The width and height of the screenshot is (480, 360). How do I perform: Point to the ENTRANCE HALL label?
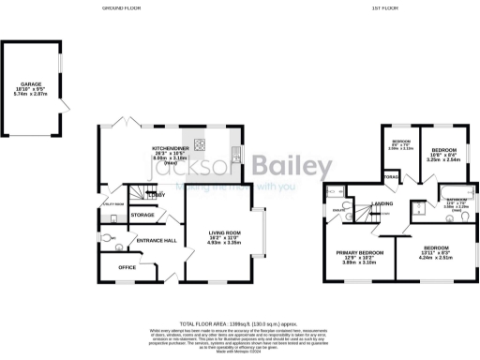click(157, 241)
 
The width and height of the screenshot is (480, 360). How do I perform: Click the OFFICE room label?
click(127, 267)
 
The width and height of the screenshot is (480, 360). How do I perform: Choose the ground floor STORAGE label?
click(142, 215)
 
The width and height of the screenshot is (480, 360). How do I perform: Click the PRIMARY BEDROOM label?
click(361, 252)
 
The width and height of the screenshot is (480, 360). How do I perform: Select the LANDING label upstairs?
click(382, 203)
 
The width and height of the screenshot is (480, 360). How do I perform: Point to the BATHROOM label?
click(457, 201)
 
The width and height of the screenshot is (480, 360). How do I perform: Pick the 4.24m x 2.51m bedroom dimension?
click(432, 257)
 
